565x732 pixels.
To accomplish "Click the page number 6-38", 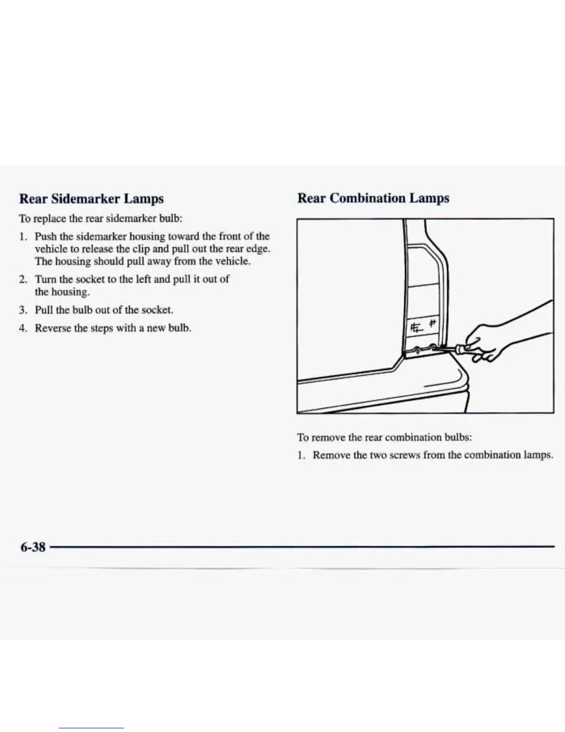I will click(x=33, y=547).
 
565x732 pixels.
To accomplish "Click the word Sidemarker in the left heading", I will click(x=85, y=199).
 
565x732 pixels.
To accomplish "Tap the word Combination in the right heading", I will click(x=367, y=198).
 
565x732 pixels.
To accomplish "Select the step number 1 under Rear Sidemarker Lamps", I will click(x=22, y=237).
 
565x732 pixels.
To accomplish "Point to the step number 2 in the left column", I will click(x=22, y=280).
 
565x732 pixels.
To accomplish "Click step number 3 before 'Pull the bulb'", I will click(x=22, y=310).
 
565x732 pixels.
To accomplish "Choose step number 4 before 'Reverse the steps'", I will click(x=22, y=329).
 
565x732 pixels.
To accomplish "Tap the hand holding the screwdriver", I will click(x=485, y=342).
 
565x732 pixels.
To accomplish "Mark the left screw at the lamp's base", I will click(x=417, y=350).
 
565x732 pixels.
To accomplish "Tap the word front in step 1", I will click(x=230, y=236).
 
